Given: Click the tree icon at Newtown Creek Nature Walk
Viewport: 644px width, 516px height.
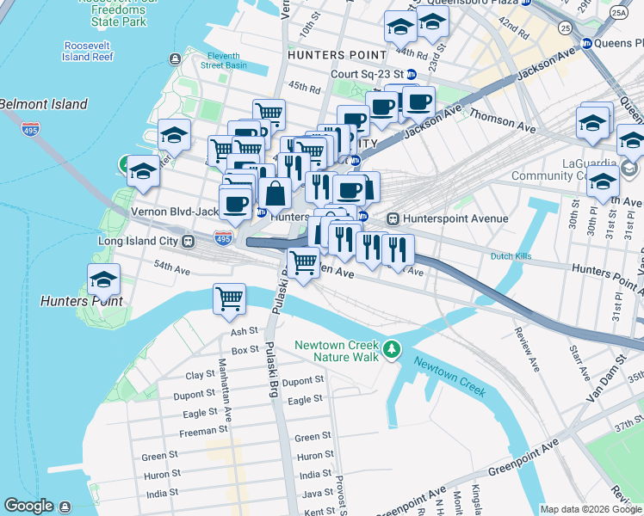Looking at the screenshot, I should tap(393, 348).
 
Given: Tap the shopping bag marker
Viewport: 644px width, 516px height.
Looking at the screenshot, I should tap(276, 194).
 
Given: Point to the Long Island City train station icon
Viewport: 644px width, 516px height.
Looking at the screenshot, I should tap(186, 242).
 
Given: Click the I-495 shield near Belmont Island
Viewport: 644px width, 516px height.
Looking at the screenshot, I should tap(31, 129).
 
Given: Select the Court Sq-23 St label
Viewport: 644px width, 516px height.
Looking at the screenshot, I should tap(361, 74).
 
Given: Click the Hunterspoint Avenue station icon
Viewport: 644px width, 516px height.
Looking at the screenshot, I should tap(395, 218).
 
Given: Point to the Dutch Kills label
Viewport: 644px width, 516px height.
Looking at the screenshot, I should tap(514, 256).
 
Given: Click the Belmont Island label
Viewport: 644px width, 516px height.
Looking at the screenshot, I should tap(43, 104).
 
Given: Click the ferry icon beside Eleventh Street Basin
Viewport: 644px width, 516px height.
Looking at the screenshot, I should tap(176, 58).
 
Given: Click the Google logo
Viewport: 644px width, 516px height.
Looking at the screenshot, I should tap(28, 506).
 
